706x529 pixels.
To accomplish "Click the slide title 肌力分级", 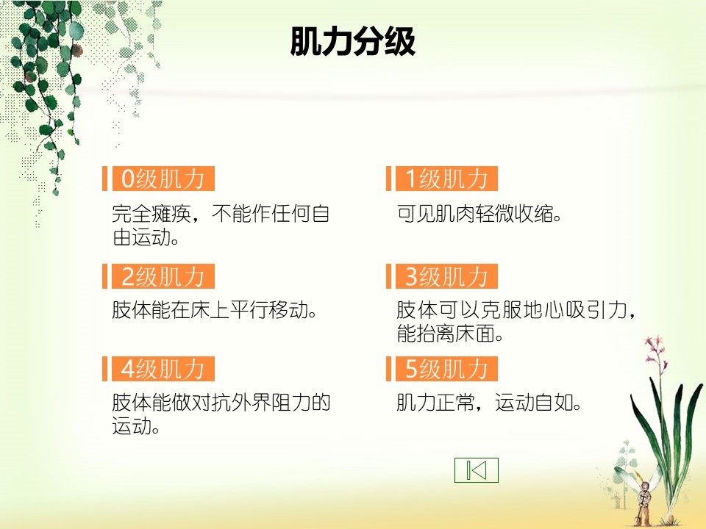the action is pyautogui.click(x=352, y=41).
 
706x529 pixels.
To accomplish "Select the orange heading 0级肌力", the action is pyautogui.click(x=163, y=179).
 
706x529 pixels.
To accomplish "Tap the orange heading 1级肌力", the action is pyautogui.click(x=446, y=179).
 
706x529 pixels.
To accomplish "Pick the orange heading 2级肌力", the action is pyautogui.click(x=163, y=276).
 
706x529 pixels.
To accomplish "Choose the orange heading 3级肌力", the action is pyautogui.click(x=446, y=276).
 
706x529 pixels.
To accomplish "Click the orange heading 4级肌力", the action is pyautogui.click(x=163, y=369).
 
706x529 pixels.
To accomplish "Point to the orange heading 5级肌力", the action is pyautogui.click(x=446, y=369).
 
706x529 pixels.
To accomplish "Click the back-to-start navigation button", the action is pyautogui.click(x=477, y=470).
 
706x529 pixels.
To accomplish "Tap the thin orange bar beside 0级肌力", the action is pyautogui.click(x=105, y=179).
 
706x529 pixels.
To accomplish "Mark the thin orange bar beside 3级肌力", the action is pyautogui.click(x=388, y=276).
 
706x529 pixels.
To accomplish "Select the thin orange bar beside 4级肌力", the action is pyautogui.click(x=105, y=369).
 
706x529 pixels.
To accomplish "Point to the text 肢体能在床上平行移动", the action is pyautogui.click(x=214, y=310).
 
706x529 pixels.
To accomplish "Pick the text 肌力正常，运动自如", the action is pyautogui.click(x=489, y=403).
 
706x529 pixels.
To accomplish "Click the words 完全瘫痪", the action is pyautogui.click(x=151, y=214).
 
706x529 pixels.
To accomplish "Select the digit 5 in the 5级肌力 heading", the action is pyautogui.click(x=412, y=369).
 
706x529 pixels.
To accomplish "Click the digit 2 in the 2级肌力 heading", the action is pyautogui.click(x=128, y=276).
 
